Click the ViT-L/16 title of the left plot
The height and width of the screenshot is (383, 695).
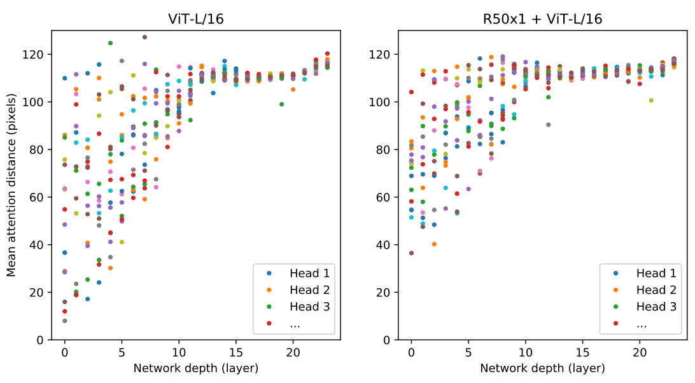click(x=196, y=20)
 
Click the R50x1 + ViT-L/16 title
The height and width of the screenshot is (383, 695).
click(x=542, y=20)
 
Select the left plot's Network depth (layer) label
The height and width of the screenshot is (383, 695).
click(x=196, y=368)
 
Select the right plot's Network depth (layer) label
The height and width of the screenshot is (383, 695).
click(x=542, y=368)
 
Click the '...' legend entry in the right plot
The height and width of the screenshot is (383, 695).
click(x=642, y=323)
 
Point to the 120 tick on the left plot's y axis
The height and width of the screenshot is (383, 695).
click(x=39, y=55)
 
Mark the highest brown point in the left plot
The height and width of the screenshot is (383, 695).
click(x=144, y=37)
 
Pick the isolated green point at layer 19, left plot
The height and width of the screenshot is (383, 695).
click(x=281, y=104)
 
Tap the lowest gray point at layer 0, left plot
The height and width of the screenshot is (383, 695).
click(x=65, y=321)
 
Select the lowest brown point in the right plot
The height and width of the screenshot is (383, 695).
click(x=411, y=253)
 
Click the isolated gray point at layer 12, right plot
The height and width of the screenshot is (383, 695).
click(x=548, y=125)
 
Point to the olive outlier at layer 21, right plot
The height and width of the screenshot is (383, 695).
click(x=650, y=101)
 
